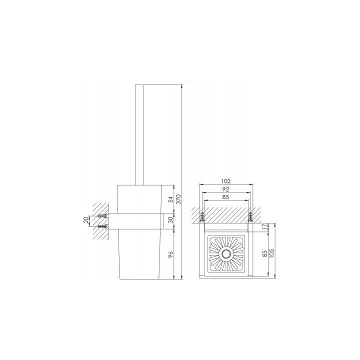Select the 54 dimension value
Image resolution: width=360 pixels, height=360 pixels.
tap(170, 199)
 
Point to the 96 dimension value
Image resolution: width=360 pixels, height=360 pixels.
tap(170, 254)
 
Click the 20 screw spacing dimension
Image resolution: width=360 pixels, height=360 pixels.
tap(85, 220)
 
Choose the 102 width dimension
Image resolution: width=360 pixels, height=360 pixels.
tap(225, 181)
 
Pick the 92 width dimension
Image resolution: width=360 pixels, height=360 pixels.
tap(225, 189)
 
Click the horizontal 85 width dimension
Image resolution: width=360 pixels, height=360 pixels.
tap(225, 197)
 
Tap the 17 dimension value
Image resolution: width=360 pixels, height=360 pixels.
tap(265, 227)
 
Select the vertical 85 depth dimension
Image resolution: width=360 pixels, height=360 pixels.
tap(265, 253)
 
